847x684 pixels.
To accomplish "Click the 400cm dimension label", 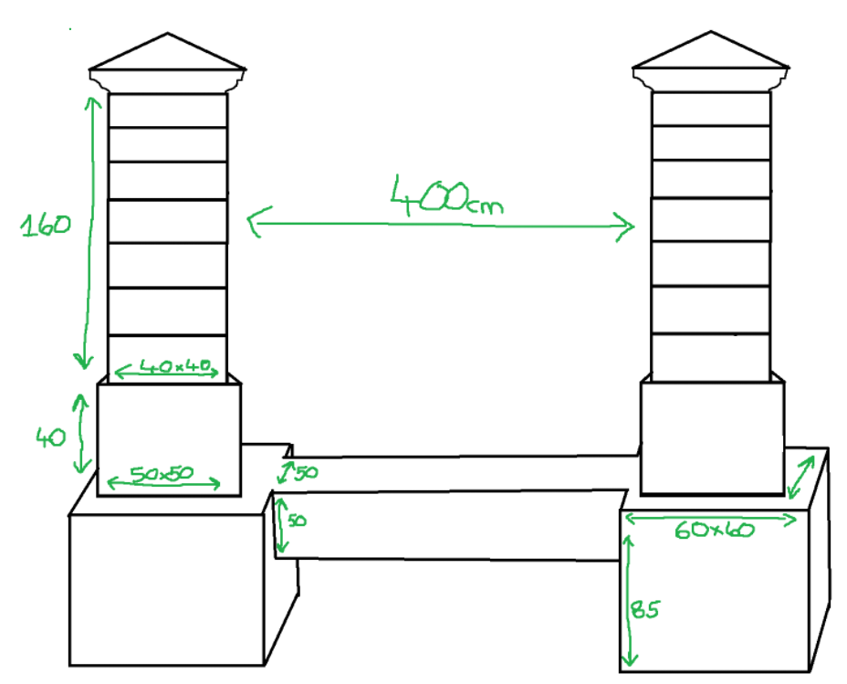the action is click(446, 195).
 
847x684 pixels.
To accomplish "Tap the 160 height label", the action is click(46, 225).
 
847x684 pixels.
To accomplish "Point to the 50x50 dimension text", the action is click(162, 474).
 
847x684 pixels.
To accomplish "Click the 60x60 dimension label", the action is click(714, 530).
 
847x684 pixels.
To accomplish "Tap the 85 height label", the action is click(645, 609).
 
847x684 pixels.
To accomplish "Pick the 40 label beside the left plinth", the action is click(51, 437).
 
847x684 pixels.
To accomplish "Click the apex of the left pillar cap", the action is click(167, 33).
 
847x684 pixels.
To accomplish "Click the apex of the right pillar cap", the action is click(711, 31).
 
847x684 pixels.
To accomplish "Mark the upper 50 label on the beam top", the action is click(306, 473).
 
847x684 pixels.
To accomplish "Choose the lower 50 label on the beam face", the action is click(297, 521).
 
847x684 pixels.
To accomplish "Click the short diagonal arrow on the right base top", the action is click(801, 477).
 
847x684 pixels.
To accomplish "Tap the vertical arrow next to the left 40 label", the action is click(81, 433).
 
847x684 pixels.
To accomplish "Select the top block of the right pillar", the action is click(711, 109).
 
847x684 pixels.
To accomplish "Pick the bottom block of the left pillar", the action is click(167, 354).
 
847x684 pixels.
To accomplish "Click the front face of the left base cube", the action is click(166, 590).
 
